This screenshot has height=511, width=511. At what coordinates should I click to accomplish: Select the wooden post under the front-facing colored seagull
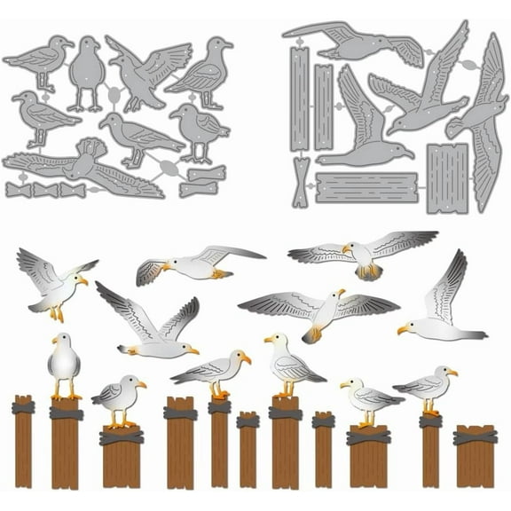coord(66,444)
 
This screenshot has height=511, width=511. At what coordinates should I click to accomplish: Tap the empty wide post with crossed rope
coord(475,456)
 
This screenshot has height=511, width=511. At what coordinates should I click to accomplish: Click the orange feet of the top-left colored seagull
coord(58,314)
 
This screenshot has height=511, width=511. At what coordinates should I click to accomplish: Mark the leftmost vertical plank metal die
coord(300,98)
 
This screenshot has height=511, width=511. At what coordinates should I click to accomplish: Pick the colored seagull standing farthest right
coord(428,386)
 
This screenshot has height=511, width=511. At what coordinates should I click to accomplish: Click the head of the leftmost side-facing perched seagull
coord(137,381)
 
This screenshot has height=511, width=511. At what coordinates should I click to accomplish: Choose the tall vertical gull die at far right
coord(486,124)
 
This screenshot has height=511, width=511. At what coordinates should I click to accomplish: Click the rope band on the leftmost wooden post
coord(23,408)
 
